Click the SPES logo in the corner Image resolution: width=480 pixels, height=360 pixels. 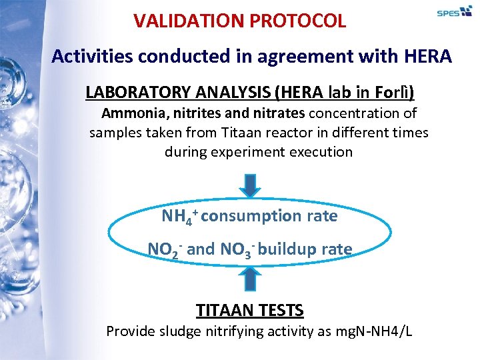coord(454,11)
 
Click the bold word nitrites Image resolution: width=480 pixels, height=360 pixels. coord(197,113)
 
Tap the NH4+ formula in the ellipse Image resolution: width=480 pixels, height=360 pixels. coord(178,217)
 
